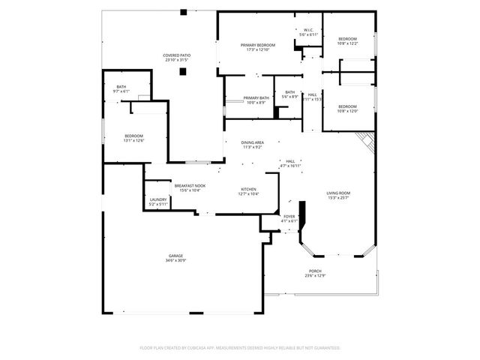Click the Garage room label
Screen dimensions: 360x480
tap(175, 256)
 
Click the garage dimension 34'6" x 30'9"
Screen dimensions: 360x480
tap(175, 260)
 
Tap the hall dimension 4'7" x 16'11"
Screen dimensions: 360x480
tap(290, 166)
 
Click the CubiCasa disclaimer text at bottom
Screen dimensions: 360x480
tap(240, 347)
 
